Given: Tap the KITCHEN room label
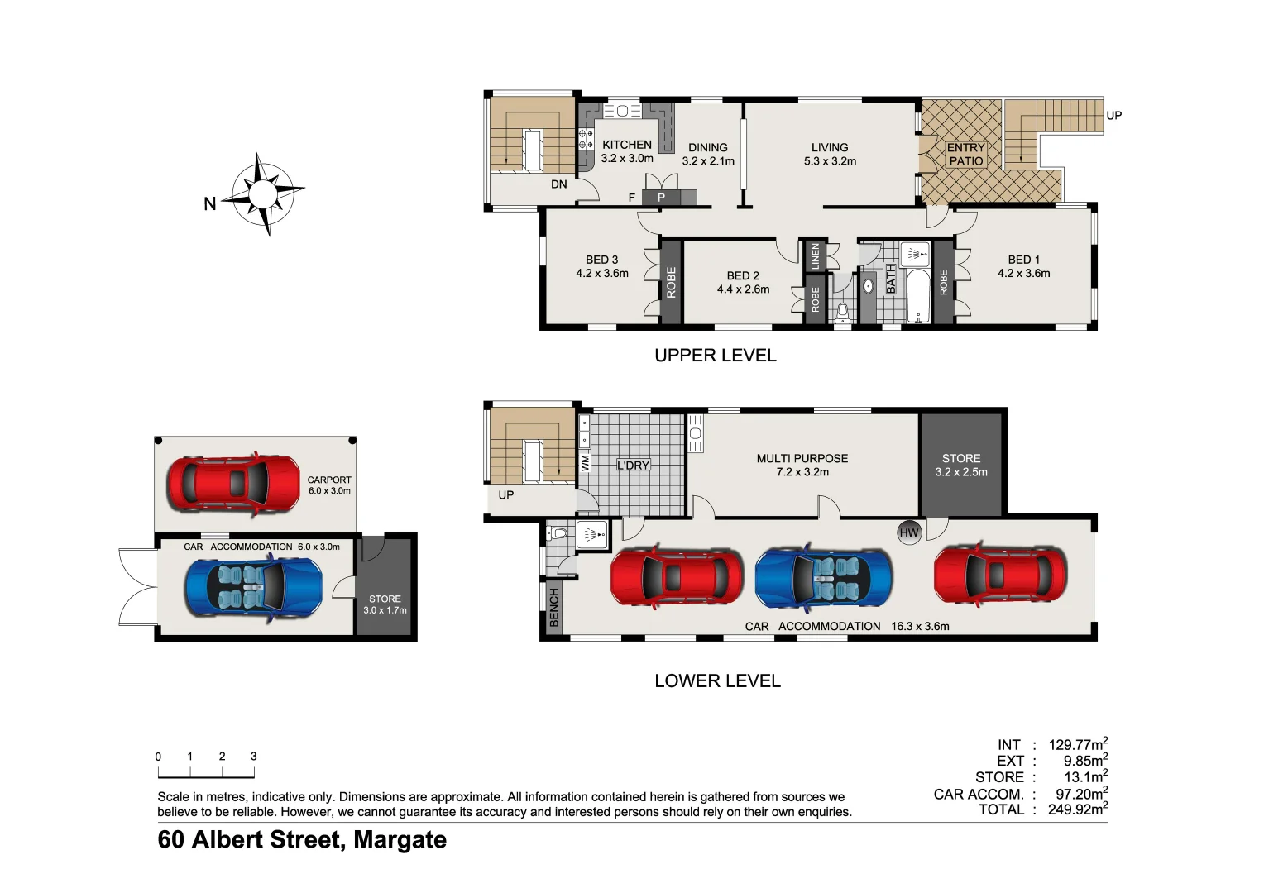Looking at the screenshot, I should point(626,145).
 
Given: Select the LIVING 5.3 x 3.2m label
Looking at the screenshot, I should point(830,154).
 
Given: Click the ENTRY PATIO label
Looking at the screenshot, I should point(965,154).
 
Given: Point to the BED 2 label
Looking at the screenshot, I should point(743,276).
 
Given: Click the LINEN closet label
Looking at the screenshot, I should point(816,255).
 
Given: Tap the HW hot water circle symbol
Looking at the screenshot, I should point(909,532).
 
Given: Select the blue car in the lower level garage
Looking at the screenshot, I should point(824,576).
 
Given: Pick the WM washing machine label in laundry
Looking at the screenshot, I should point(586,463).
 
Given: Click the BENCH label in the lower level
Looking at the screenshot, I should point(554,607).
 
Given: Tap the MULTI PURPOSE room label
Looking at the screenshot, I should point(802,458).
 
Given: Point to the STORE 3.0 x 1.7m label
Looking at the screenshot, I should point(385,604).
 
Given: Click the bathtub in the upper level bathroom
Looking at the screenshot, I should point(917,295).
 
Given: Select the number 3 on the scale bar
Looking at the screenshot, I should point(253,757).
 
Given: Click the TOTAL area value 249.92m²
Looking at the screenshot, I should point(1077,809).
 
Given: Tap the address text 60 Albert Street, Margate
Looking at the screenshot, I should point(302,840).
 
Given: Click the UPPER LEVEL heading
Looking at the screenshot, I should point(715,356).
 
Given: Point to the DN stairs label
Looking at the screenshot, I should point(559,184).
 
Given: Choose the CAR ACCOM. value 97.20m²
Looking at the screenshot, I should point(1081,794).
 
